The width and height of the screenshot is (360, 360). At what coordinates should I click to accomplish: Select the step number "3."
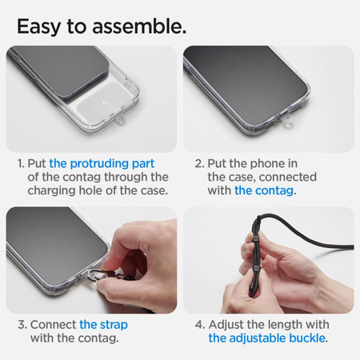point(22,325)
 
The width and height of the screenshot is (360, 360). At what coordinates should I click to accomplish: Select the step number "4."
point(199,325)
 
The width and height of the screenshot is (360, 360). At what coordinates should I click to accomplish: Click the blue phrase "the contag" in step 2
point(265,190)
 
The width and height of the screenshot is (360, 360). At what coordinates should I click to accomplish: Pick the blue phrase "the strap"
point(103,325)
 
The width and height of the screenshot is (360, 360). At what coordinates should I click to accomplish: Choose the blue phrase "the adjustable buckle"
point(267,338)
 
